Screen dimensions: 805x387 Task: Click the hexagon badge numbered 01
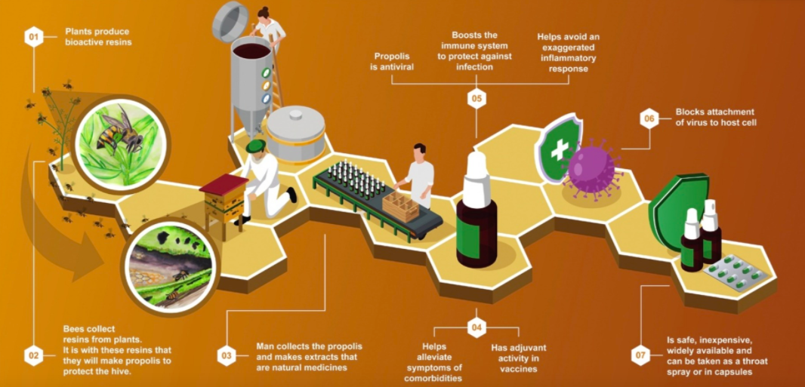pos(34,37)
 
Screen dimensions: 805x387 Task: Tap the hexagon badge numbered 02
pos(34,355)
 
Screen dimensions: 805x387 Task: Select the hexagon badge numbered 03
pos(227,355)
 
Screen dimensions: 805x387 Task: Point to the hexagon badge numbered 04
pos(477,327)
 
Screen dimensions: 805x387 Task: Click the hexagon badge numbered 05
pos(477,98)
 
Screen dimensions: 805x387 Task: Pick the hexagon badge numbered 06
pos(649,119)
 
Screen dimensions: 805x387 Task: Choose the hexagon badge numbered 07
pos(640,355)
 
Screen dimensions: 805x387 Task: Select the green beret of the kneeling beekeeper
pos(255,146)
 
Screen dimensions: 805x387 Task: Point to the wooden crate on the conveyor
pos(401,207)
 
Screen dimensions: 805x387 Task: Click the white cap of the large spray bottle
pos(476,173)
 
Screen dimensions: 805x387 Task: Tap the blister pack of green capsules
pos(736,272)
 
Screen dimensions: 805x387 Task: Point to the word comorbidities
pos(434,378)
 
